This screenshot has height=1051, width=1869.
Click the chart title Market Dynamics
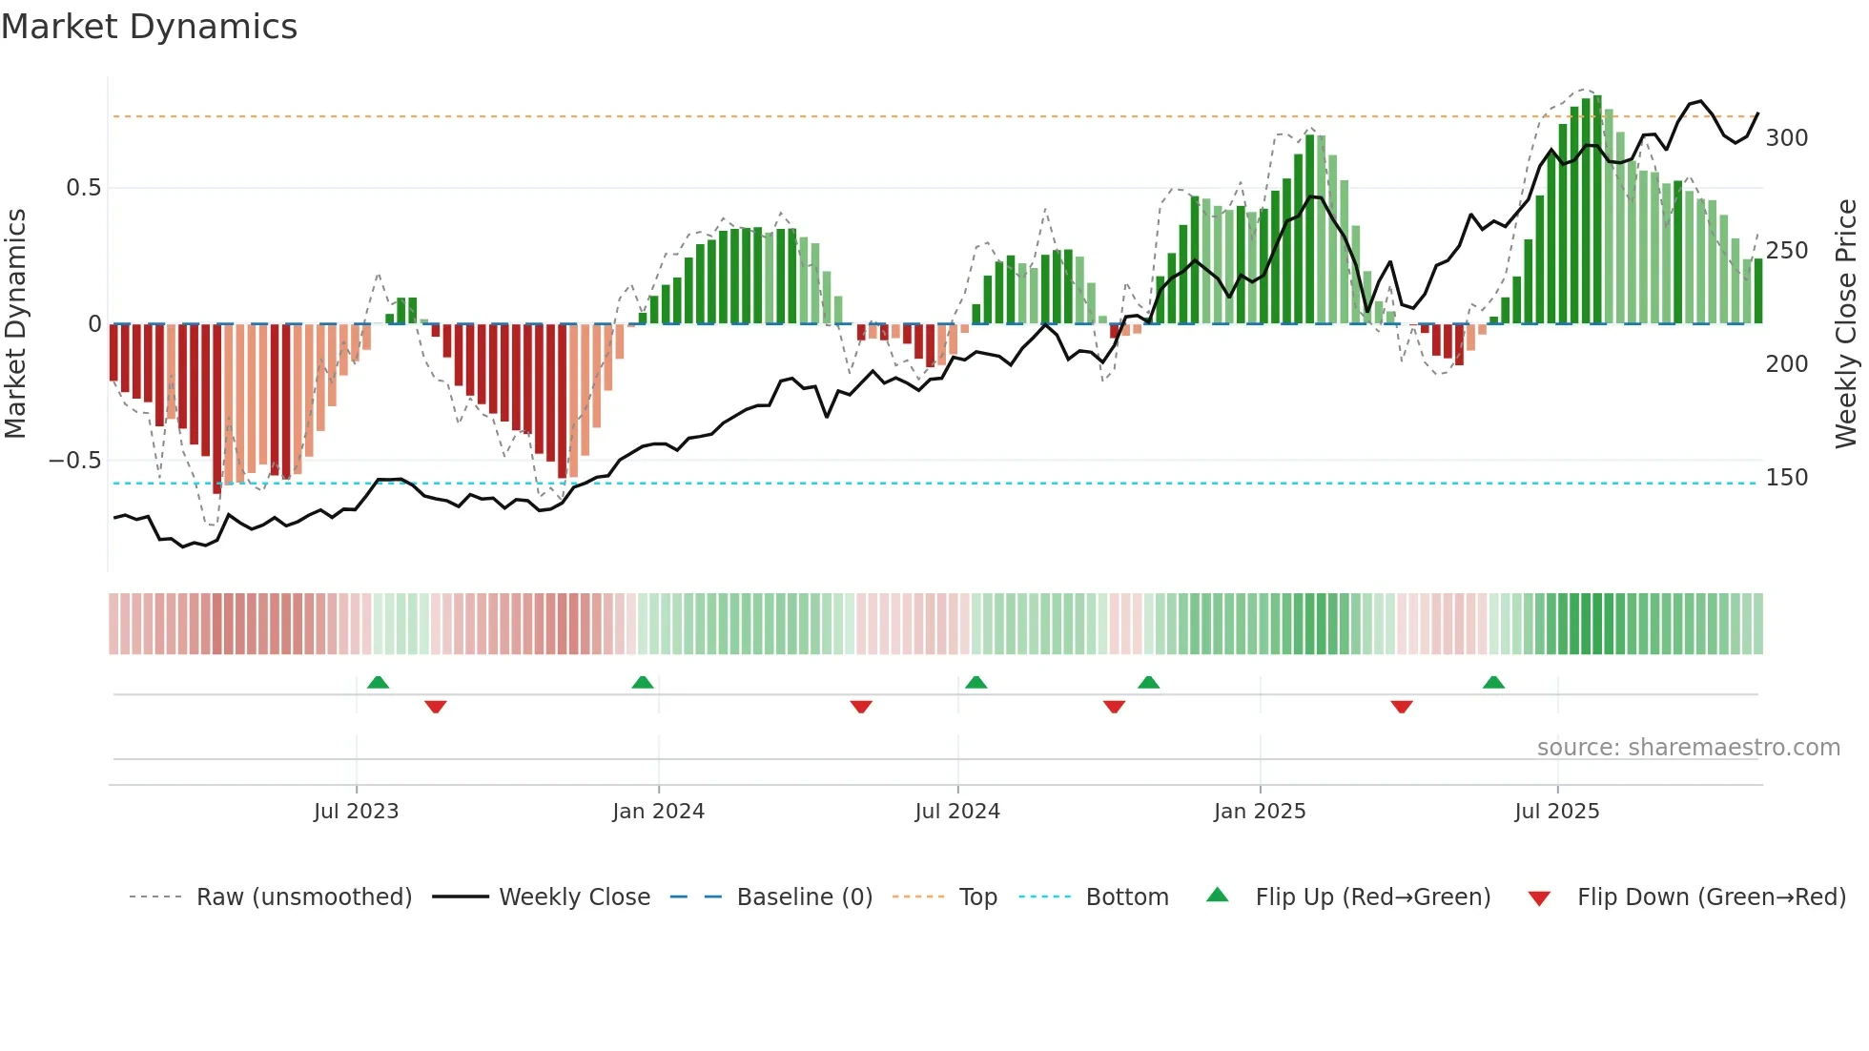pyautogui.click(x=150, y=27)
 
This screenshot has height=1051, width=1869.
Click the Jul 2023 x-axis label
pyautogui.click(x=356, y=812)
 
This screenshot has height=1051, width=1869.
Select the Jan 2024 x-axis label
pyautogui.click(x=658, y=812)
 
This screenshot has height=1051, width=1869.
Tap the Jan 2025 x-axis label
pyautogui.click(x=1259, y=812)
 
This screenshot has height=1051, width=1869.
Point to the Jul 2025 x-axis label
pyautogui.click(x=1556, y=812)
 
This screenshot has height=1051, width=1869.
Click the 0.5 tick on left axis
pyautogui.click(x=83, y=188)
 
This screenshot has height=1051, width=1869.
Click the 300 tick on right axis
pyautogui.click(x=1786, y=138)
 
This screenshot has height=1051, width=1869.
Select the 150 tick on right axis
pyautogui.click(x=1786, y=478)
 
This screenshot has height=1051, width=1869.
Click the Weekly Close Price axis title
pyautogui.click(x=1846, y=324)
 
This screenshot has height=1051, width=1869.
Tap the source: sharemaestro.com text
pyautogui.click(x=1688, y=748)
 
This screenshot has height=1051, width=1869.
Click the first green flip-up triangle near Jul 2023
pyautogui.click(x=378, y=683)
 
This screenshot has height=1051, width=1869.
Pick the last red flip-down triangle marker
pyautogui.click(x=1401, y=707)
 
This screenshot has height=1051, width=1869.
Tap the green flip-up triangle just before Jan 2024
pyautogui.click(x=643, y=683)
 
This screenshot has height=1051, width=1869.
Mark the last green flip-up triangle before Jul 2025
pyautogui.click(x=1493, y=683)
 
